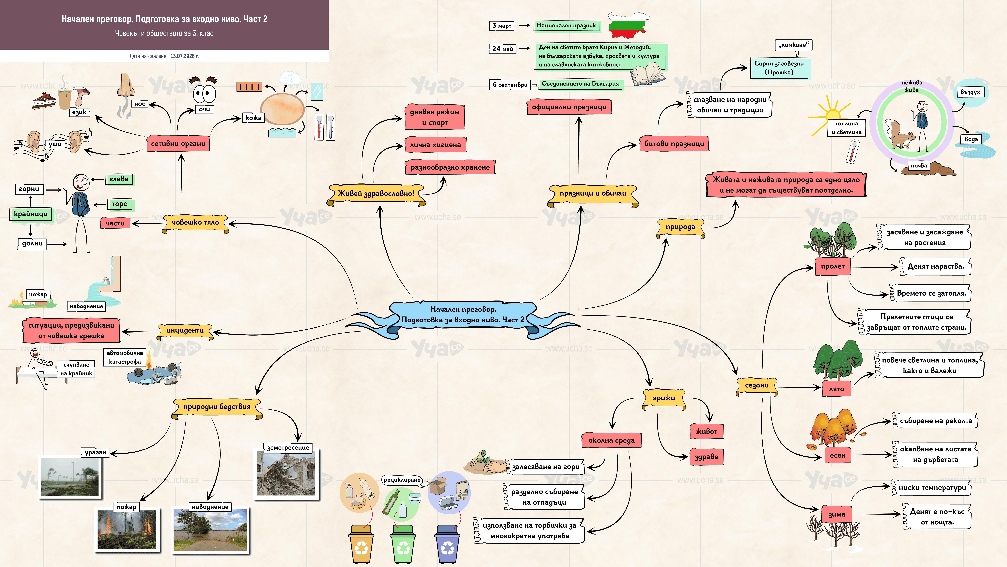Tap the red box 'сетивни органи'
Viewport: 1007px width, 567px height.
(178, 144)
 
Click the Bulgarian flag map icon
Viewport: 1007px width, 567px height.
(629, 25)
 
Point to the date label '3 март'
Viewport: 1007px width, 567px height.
(502, 26)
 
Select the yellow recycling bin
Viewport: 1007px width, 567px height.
(361, 544)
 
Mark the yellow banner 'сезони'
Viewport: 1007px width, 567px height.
(757, 386)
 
